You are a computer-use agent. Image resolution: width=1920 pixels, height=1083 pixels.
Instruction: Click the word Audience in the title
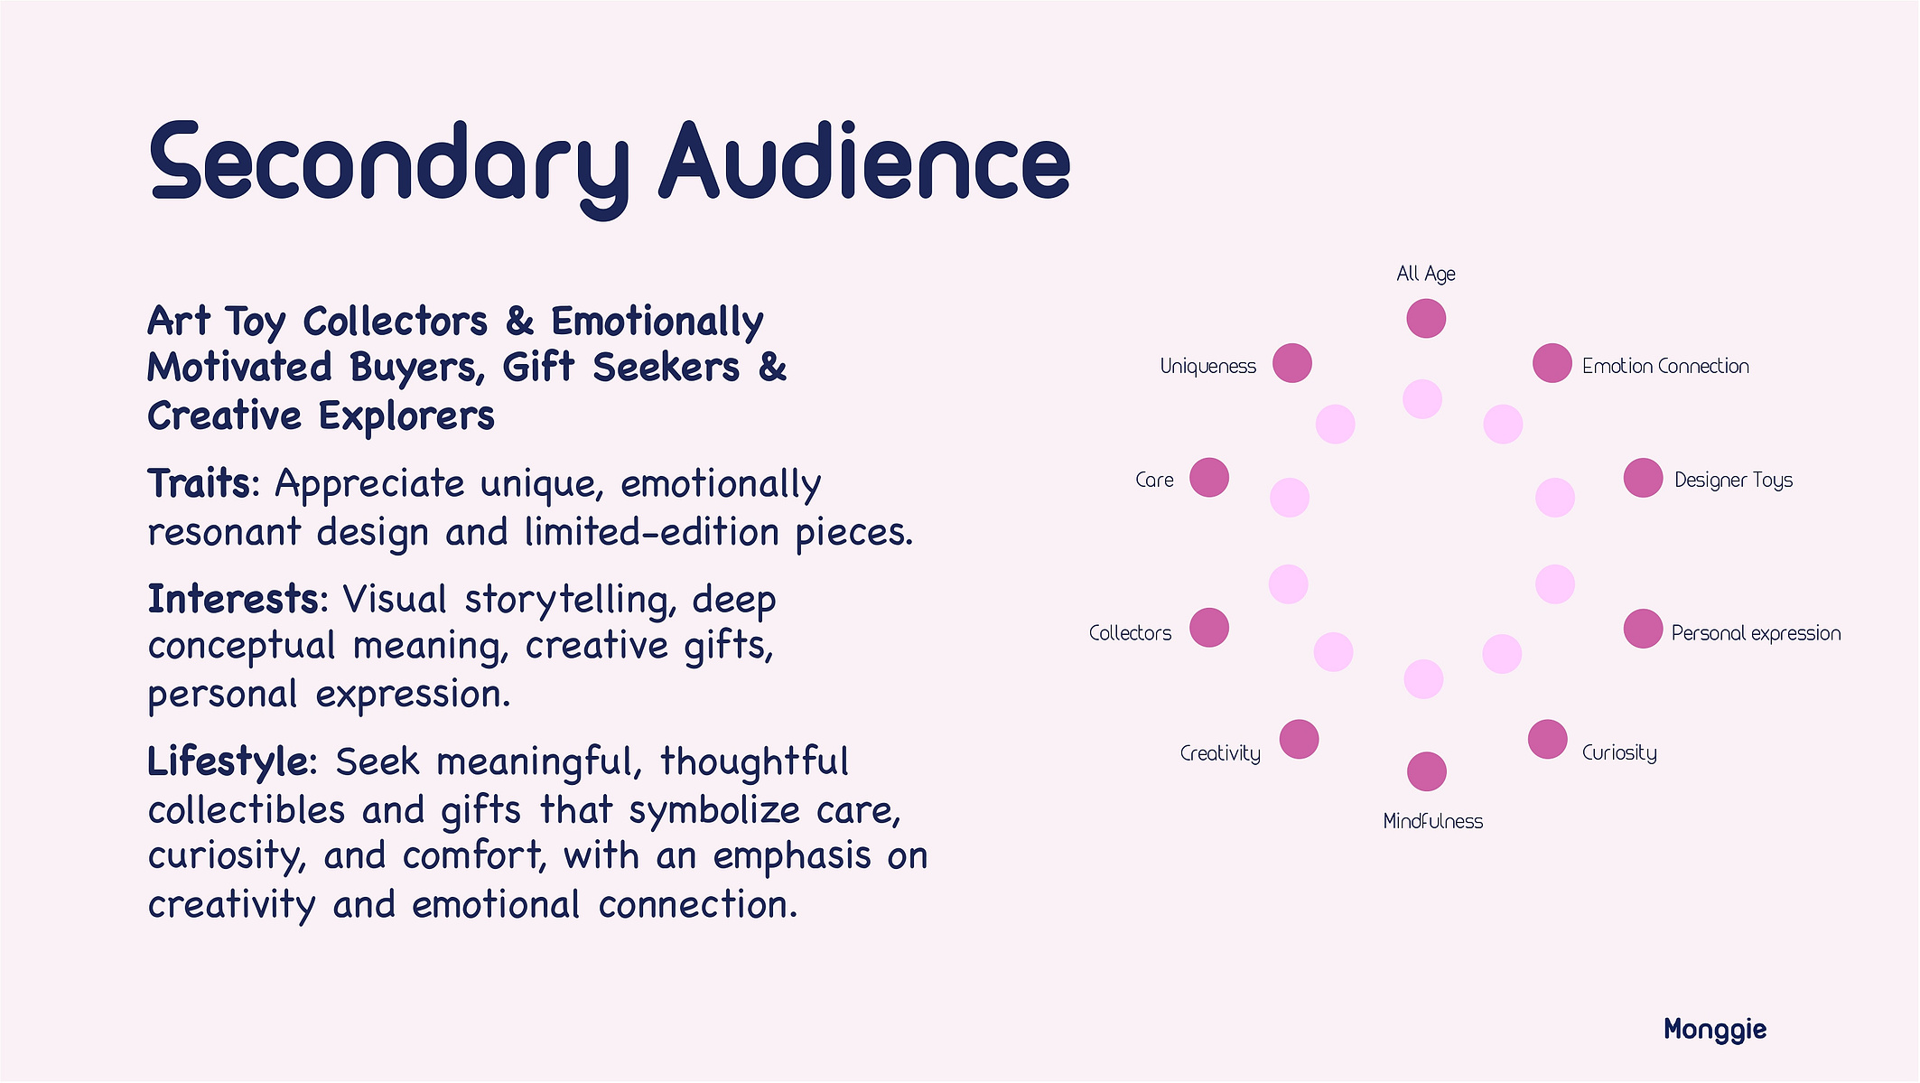(865, 160)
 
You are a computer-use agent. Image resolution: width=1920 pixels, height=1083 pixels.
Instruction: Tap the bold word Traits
(199, 483)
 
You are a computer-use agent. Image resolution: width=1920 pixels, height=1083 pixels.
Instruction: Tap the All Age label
(1426, 274)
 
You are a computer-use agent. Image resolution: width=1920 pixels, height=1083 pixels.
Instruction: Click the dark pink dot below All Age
(1426, 318)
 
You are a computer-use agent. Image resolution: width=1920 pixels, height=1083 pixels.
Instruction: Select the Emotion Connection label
(1665, 366)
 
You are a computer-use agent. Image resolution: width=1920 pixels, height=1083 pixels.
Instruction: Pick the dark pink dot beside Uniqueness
(1292, 363)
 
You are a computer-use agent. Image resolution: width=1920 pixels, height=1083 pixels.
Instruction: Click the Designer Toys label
(1733, 481)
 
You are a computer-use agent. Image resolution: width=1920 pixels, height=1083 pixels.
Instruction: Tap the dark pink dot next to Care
(1209, 477)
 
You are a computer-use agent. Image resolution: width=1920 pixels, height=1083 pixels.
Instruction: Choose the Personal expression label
(1756, 633)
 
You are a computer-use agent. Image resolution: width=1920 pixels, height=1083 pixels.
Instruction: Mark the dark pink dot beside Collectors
(1209, 628)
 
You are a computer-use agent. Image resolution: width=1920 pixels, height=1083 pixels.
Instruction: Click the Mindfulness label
(1433, 821)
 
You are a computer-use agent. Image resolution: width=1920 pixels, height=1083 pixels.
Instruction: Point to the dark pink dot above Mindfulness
(1427, 771)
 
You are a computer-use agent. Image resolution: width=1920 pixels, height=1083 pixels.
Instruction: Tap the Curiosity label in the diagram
(1619, 753)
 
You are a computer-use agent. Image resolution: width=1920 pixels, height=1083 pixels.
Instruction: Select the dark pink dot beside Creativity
(1300, 739)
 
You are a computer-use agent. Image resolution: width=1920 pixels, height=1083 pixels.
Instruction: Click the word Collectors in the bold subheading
(395, 322)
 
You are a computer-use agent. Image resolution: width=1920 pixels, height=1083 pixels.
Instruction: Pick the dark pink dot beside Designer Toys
(1644, 478)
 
